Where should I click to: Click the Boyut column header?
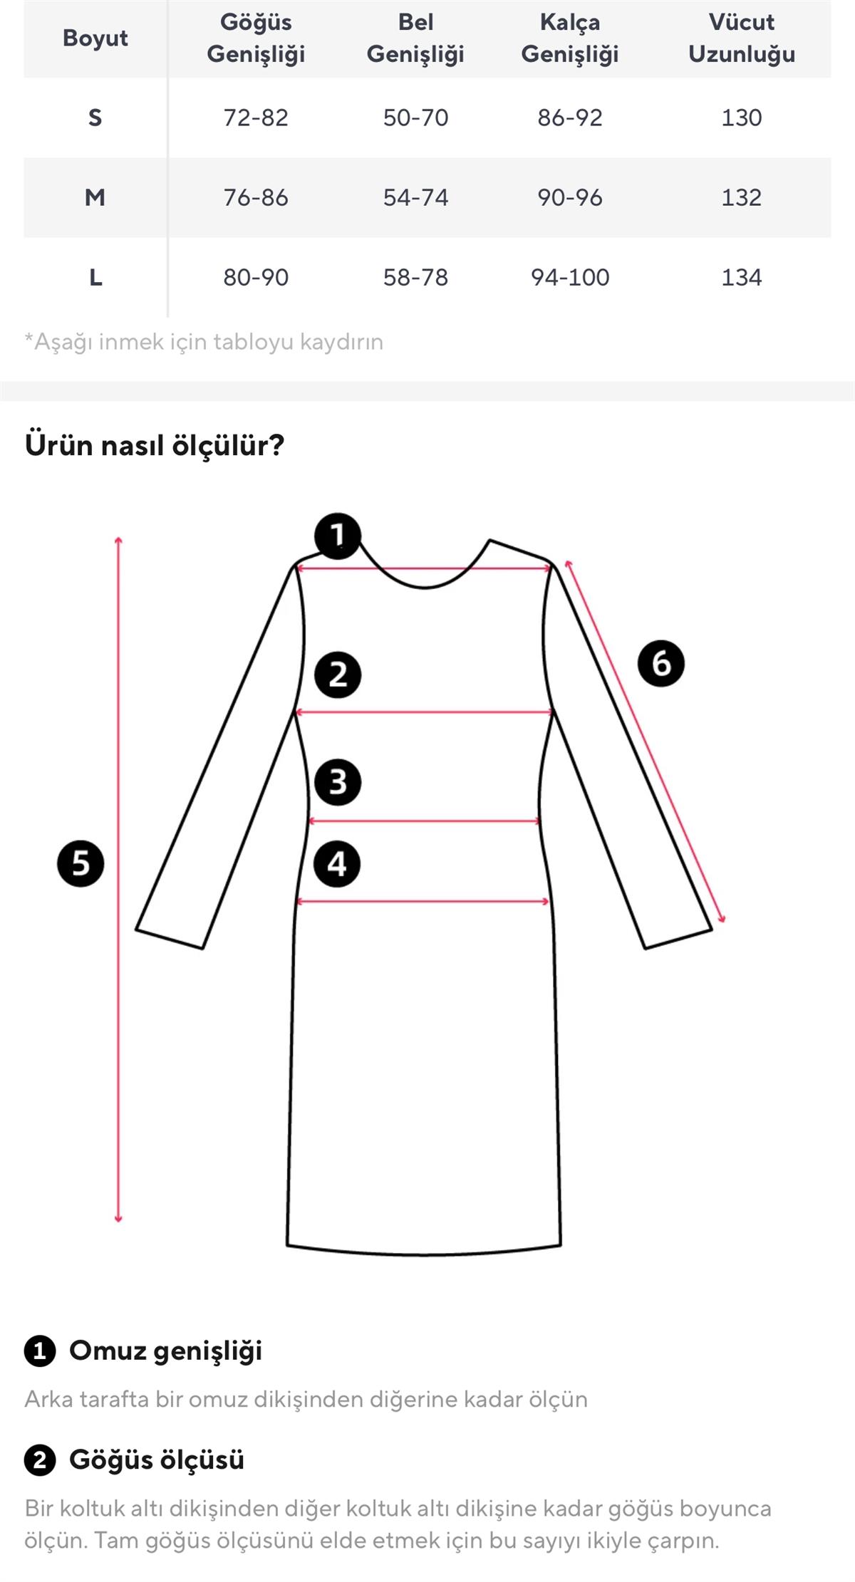(x=95, y=38)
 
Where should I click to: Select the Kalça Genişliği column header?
(x=570, y=38)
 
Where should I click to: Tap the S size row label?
(x=95, y=118)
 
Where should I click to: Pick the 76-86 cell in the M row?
(x=256, y=197)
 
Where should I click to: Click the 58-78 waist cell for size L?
(x=415, y=277)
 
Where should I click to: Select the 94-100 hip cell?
(x=570, y=277)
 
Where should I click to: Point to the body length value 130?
(x=742, y=118)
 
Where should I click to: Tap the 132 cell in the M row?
(x=742, y=197)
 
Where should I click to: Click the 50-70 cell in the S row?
(x=415, y=118)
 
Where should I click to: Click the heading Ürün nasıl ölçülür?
(x=155, y=445)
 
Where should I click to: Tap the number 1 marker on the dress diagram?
(x=338, y=536)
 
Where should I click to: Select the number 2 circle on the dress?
(x=338, y=675)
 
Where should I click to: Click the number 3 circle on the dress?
(x=338, y=782)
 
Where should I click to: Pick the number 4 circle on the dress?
(x=337, y=864)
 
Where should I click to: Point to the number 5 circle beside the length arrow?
(x=81, y=863)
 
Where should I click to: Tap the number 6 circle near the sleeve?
(x=661, y=663)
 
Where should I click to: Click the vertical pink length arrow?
(x=118, y=880)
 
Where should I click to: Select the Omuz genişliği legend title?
(x=165, y=1351)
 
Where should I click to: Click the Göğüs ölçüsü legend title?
(x=157, y=1459)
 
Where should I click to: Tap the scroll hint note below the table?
(x=204, y=342)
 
